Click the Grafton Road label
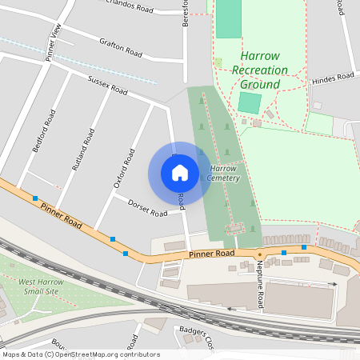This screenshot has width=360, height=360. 121,47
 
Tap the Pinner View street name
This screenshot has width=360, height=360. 54,42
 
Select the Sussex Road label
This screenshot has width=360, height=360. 107,86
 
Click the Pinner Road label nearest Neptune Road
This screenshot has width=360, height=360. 212,254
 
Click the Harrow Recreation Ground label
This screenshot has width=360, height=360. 260,70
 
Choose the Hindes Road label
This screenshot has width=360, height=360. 333,78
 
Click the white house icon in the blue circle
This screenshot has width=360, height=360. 180,173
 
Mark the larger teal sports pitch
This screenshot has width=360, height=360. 229,18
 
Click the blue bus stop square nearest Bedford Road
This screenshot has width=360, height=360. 35,198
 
